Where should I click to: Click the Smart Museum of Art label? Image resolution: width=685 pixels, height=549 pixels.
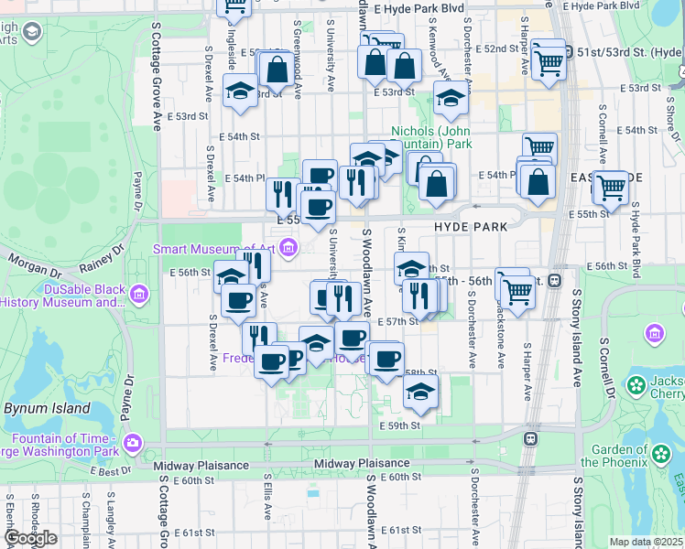tap(213, 248)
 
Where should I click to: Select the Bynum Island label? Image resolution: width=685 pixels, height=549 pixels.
tap(47, 408)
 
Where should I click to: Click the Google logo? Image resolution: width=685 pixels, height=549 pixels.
tap(30, 538)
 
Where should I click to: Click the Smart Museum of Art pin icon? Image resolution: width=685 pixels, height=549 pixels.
tap(288, 246)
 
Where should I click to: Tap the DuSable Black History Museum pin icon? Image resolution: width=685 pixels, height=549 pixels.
tap(139, 294)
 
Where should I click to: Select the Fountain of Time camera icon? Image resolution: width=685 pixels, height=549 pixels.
tap(134, 444)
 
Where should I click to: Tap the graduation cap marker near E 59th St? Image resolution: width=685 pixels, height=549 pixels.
tap(420, 391)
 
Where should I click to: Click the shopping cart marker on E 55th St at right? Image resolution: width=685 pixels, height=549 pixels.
tap(610, 188)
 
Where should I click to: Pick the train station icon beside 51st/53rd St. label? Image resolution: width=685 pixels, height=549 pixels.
tap(568, 52)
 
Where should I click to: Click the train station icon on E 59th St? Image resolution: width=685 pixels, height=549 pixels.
tap(529, 438)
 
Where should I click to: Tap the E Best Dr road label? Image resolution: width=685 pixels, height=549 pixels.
tap(112, 470)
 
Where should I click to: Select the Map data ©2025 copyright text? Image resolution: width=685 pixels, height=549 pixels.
tap(646, 542)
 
